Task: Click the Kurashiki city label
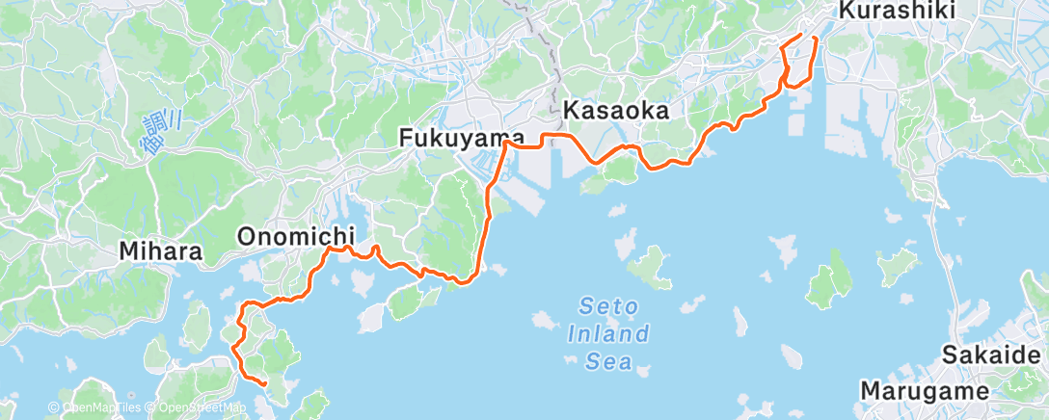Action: pos(897,12)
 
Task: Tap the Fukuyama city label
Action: pos(462,141)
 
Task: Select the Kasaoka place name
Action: pos(615,111)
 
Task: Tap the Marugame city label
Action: pos(925,392)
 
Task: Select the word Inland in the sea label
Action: pos(616,335)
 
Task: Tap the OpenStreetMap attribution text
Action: pos(197,408)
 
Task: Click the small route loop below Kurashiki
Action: pos(797,77)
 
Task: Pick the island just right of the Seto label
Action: pos(652,266)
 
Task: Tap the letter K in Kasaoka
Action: pos(569,111)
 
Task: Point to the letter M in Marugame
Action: pos(870,392)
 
